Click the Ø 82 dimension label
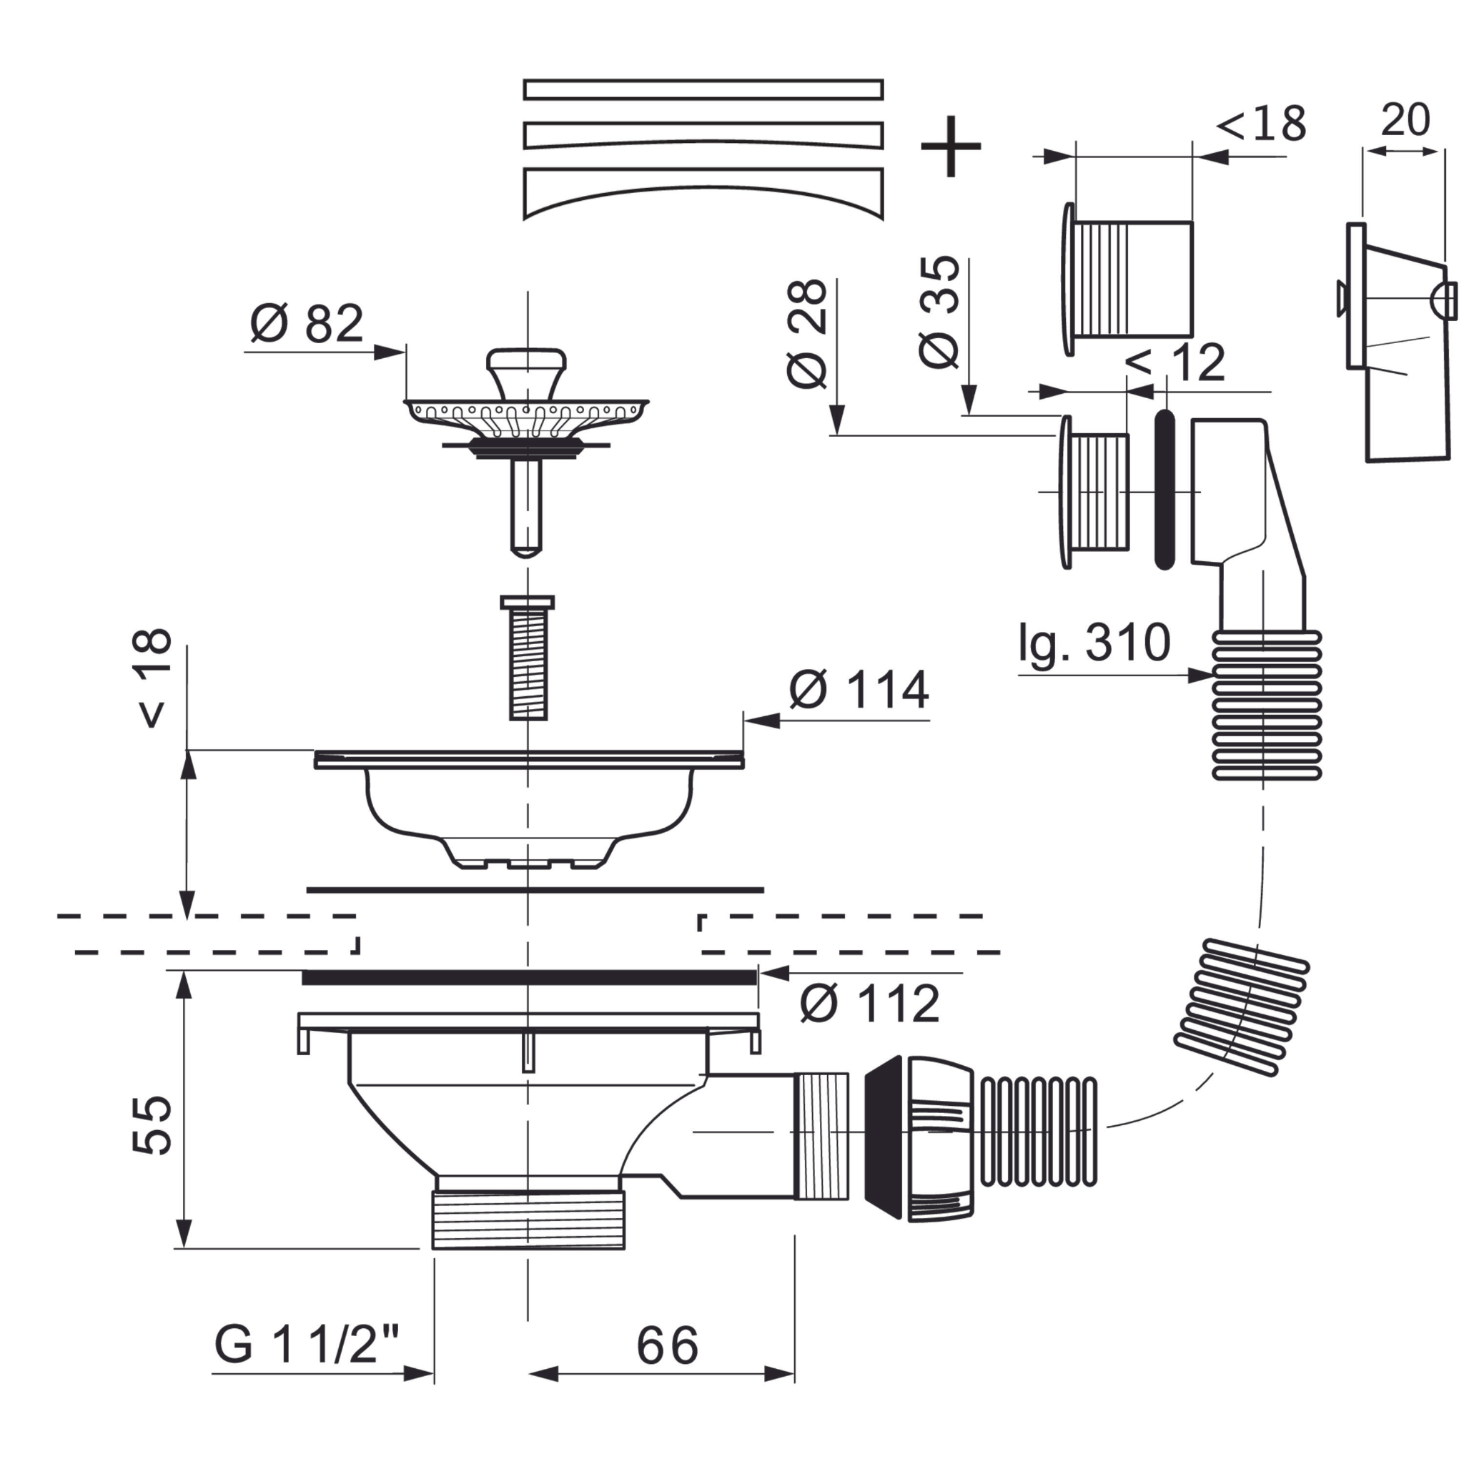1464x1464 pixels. point(307,325)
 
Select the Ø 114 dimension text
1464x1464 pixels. point(859,690)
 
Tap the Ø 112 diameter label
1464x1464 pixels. point(869,1004)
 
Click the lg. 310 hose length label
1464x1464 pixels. point(1094,643)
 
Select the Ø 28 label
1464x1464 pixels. point(806,333)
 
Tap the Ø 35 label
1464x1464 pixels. point(939,312)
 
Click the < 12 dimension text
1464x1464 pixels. point(1175,363)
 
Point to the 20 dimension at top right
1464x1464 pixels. point(1405,119)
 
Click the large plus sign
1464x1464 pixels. point(950,147)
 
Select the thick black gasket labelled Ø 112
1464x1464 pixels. point(529,977)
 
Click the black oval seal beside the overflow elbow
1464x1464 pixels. point(1164,490)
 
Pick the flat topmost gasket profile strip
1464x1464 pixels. point(703,89)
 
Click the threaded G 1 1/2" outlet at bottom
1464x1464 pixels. point(528,1220)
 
